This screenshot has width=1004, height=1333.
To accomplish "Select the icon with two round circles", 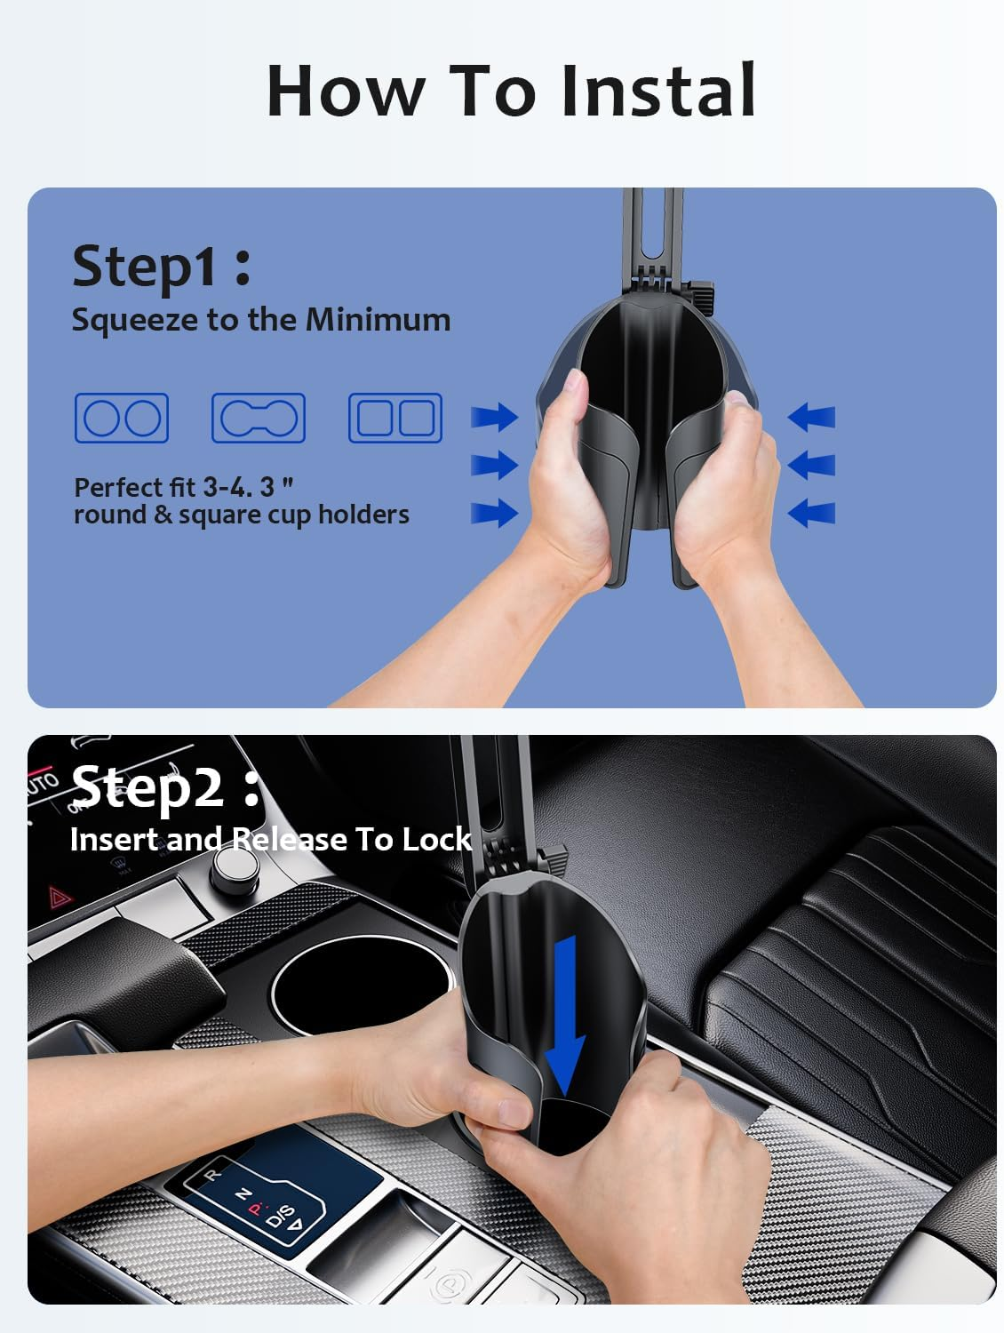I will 122,418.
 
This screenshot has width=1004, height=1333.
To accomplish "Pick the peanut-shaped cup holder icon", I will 259,418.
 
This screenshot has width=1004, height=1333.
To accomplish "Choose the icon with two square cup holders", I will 395,418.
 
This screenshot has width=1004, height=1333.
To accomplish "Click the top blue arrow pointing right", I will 494,416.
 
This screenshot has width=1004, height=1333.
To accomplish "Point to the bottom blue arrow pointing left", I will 811,512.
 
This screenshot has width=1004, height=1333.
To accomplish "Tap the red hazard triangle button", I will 60,898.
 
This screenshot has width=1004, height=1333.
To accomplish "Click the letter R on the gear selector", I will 211,1175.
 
